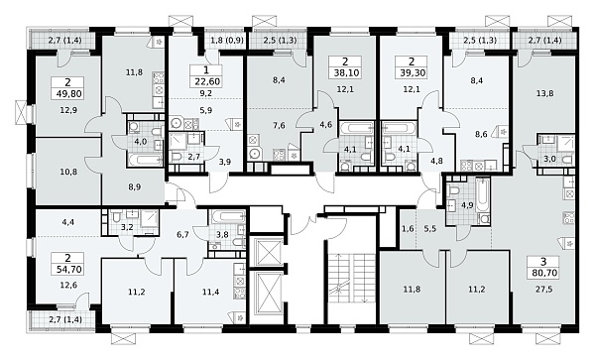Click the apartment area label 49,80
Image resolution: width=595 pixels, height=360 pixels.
(x=68, y=93)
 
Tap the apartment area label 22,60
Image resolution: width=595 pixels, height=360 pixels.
(x=206, y=81)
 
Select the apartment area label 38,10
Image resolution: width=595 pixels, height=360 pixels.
(x=345, y=72)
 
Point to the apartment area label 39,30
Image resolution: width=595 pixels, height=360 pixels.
(x=412, y=72)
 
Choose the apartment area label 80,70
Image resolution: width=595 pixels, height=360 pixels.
(x=543, y=273)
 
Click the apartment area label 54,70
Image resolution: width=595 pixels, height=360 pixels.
(x=68, y=270)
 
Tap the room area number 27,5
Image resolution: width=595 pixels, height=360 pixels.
(x=543, y=289)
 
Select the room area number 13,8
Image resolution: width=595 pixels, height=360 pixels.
(x=544, y=93)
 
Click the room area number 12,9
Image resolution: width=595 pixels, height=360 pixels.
(x=68, y=110)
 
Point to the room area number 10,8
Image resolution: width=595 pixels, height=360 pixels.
(x=68, y=172)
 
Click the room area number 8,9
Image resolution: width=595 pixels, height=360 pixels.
(x=135, y=186)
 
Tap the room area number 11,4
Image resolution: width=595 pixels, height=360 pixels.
(x=210, y=292)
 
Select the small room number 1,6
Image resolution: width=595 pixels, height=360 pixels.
(x=407, y=229)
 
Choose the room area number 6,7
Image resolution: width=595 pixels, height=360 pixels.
(x=182, y=235)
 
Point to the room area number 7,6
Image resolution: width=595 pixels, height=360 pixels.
(x=279, y=126)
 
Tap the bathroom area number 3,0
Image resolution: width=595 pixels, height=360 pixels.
(x=549, y=159)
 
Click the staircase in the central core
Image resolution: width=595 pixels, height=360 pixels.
(x=351, y=279)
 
